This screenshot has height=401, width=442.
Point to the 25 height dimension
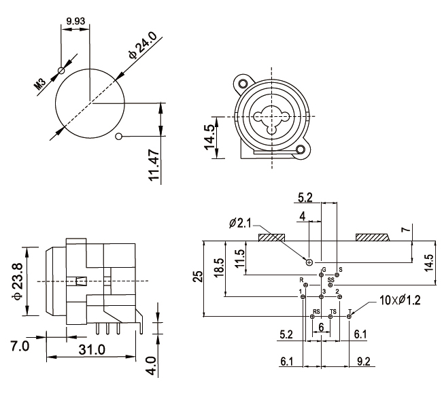[x=197, y=277]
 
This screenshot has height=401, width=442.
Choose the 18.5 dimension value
[x=218, y=266]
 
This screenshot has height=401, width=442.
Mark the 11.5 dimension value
[x=239, y=258]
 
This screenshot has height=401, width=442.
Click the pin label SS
[x=330, y=279]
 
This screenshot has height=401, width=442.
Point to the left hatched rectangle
[x=273, y=237]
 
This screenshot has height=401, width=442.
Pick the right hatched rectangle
[x=372, y=237]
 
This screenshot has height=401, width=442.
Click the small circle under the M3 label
[x=61, y=70]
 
